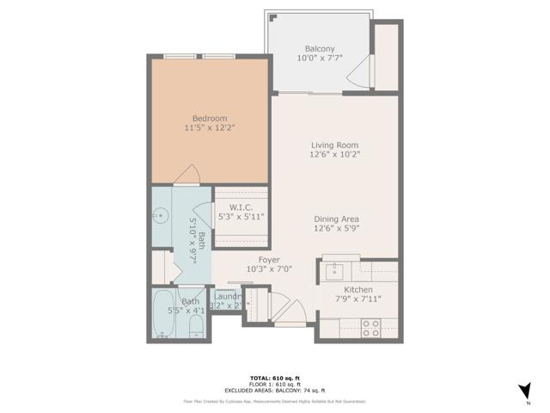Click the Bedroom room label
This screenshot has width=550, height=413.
209,118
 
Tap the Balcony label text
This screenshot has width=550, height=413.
319,49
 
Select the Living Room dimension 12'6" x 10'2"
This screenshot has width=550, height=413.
334,156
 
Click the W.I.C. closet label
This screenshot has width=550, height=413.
241,206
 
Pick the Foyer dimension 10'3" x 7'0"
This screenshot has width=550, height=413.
269,268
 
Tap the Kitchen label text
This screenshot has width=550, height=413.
352,290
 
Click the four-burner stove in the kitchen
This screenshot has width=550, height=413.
370,327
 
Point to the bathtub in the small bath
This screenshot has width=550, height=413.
169,314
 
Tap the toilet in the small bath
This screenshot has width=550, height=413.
196,325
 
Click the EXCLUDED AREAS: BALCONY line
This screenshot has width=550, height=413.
274,391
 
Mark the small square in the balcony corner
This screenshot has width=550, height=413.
271,17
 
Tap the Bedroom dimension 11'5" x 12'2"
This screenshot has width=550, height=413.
209,127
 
